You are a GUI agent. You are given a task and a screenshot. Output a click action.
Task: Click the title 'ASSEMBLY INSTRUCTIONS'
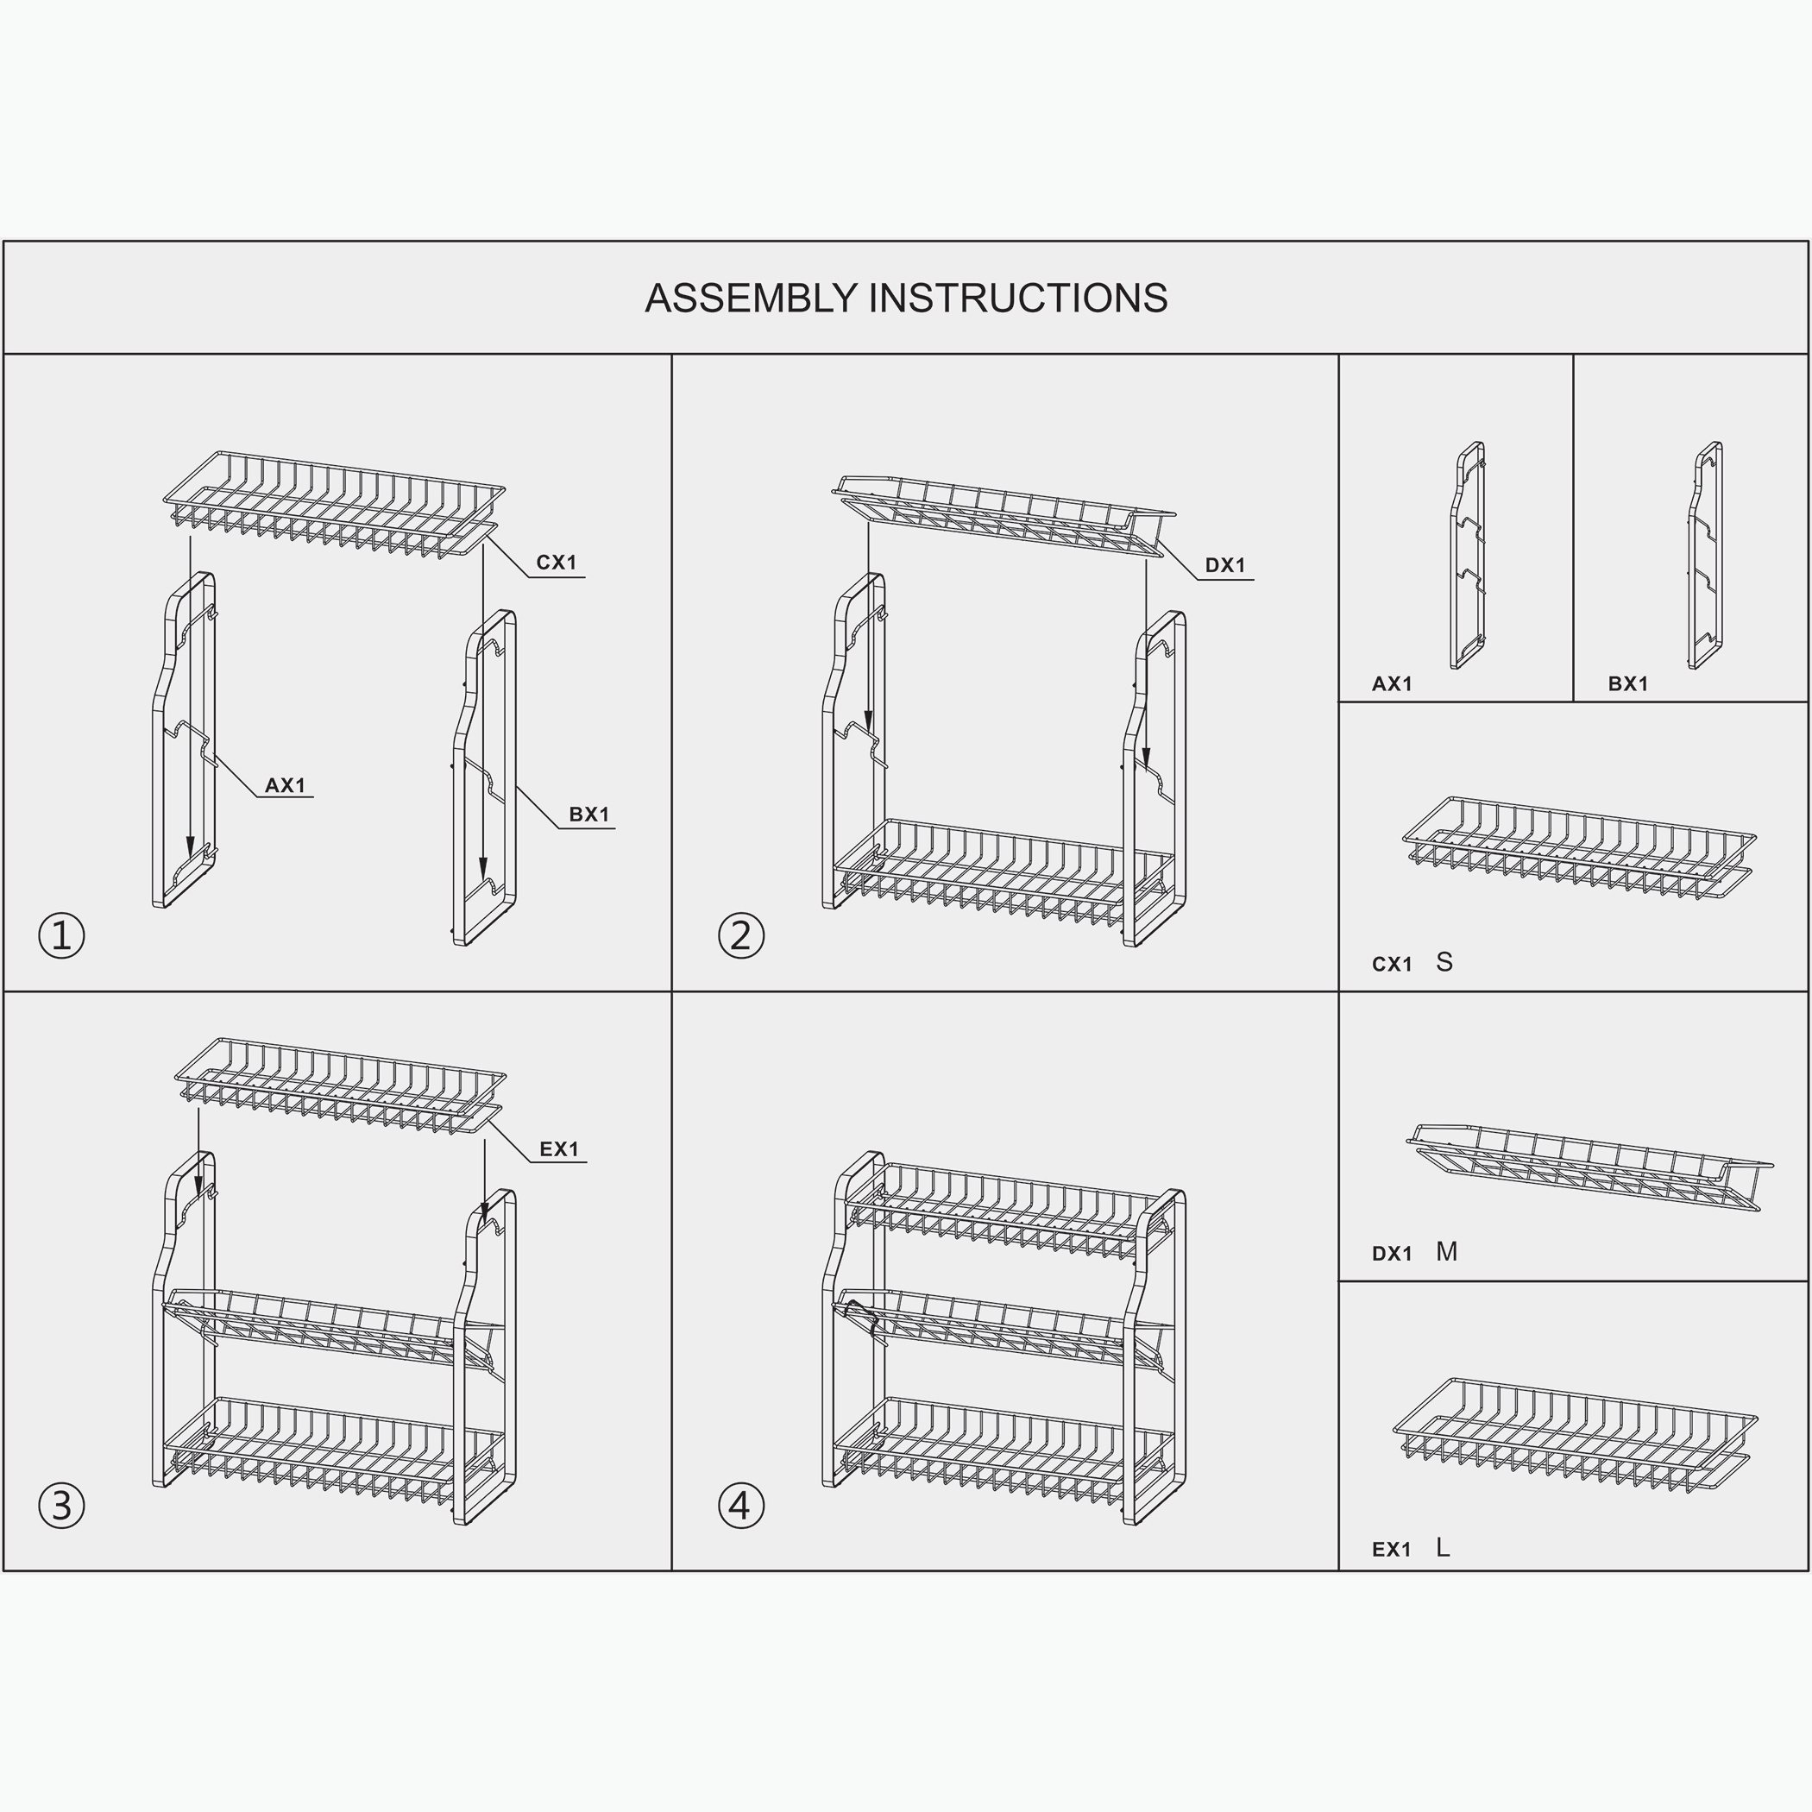pyautogui.click(x=906, y=299)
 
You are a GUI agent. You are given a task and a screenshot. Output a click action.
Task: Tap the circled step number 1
pyautogui.click(x=62, y=935)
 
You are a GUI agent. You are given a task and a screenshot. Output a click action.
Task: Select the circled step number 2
pyautogui.click(x=741, y=935)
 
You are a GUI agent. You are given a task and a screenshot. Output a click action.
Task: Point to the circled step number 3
pyautogui.click(x=62, y=1506)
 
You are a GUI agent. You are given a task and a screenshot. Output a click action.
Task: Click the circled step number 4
pyautogui.click(x=741, y=1506)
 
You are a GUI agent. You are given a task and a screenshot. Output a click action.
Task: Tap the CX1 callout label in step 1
pyautogui.click(x=557, y=563)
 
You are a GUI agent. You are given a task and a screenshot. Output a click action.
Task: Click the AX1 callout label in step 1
pyautogui.click(x=285, y=785)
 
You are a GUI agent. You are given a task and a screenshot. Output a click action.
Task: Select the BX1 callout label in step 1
pyautogui.click(x=589, y=814)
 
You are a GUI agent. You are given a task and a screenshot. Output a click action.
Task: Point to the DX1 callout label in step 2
pyautogui.click(x=1225, y=565)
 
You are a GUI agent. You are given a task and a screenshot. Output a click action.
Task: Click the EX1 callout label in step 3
pyautogui.click(x=559, y=1149)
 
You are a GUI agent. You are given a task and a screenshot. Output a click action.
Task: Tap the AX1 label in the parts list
pyautogui.click(x=1392, y=683)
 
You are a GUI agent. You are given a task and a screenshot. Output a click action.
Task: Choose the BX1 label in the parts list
pyautogui.click(x=1628, y=683)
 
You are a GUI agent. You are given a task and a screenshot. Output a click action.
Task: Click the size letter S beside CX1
pyautogui.click(x=1444, y=962)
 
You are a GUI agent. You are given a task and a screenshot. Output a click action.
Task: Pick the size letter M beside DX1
pyautogui.click(x=1446, y=1251)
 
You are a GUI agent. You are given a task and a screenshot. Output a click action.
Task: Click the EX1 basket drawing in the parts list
pyautogui.click(x=1576, y=1436)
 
